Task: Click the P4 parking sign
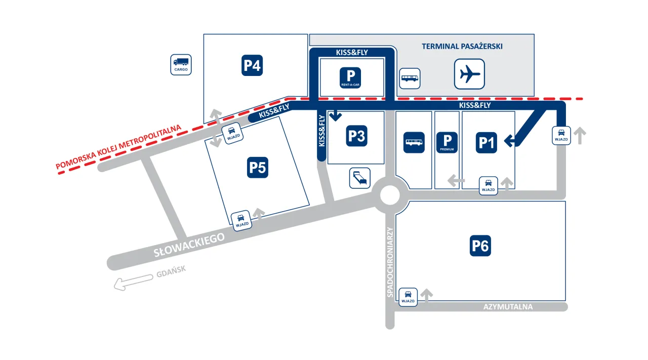click(252, 65)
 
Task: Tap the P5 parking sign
click(257, 167)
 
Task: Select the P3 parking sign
click(356, 136)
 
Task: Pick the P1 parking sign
click(487, 142)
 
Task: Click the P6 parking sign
click(480, 246)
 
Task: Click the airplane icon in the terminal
click(469, 74)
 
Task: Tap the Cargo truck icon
click(181, 65)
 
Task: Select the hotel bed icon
click(360, 178)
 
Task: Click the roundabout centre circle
click(390, 194)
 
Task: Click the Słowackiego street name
click(189, 246)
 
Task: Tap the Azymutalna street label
click(508, 307)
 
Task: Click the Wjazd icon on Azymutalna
click(408, 297)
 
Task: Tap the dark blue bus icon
click(414, 142)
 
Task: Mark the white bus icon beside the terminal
click(410, 78)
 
